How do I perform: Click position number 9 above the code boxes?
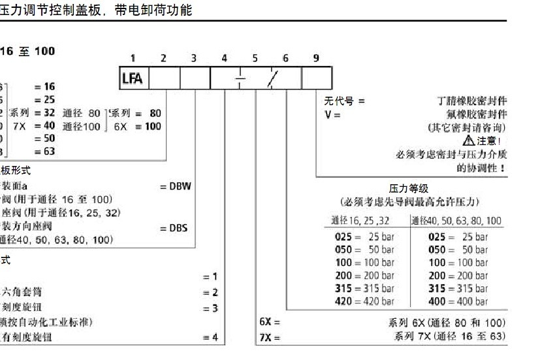click(316, 58)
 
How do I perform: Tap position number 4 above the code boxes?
click(224, 58)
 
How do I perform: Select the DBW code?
click(176, 187)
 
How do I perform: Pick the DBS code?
click(174, 228)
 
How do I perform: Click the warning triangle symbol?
click(468, 140)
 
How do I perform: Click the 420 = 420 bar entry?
click(364, 301)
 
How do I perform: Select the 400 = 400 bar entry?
click(458, 301)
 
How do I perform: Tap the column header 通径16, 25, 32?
click(368, 221)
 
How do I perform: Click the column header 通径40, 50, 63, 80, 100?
click(456, 221)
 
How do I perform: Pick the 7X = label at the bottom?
click(269, 337)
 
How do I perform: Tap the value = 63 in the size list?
click(44, 152)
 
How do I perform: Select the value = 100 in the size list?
click(148, 126)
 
